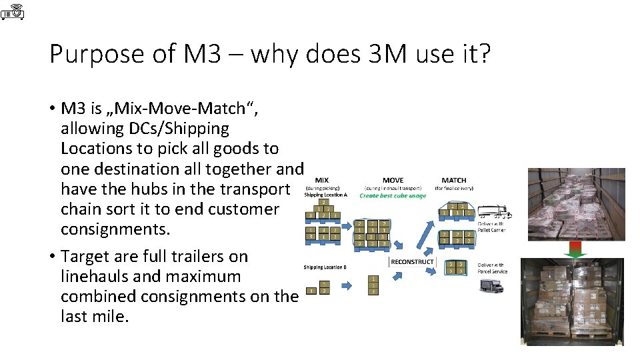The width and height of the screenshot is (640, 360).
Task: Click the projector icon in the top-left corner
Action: pos(13,11)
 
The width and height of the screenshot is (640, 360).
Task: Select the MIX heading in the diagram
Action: pos(321,180)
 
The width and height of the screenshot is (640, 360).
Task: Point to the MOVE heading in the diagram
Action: pos(393,180)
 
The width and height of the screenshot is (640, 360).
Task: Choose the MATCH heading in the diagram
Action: pos(454,180)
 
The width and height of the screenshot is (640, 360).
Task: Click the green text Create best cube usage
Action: pos(393,195)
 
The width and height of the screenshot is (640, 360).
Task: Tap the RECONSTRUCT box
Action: pos(412,262)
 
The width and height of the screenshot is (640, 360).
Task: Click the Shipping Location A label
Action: pos(325,195)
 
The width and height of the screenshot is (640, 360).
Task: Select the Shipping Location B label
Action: pos(325,267)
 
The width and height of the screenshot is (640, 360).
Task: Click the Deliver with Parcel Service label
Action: pos(492,268)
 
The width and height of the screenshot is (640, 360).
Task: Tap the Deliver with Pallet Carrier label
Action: pos(492,227)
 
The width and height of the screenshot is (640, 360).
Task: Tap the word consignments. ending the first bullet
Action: pos(114,229)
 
